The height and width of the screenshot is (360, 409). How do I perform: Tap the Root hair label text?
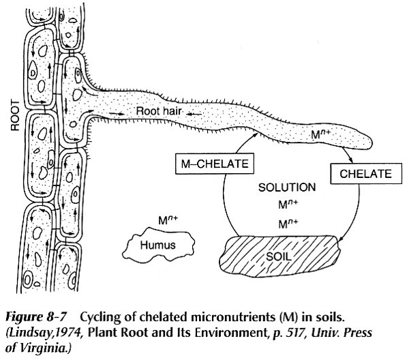(x=162, y=110)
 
